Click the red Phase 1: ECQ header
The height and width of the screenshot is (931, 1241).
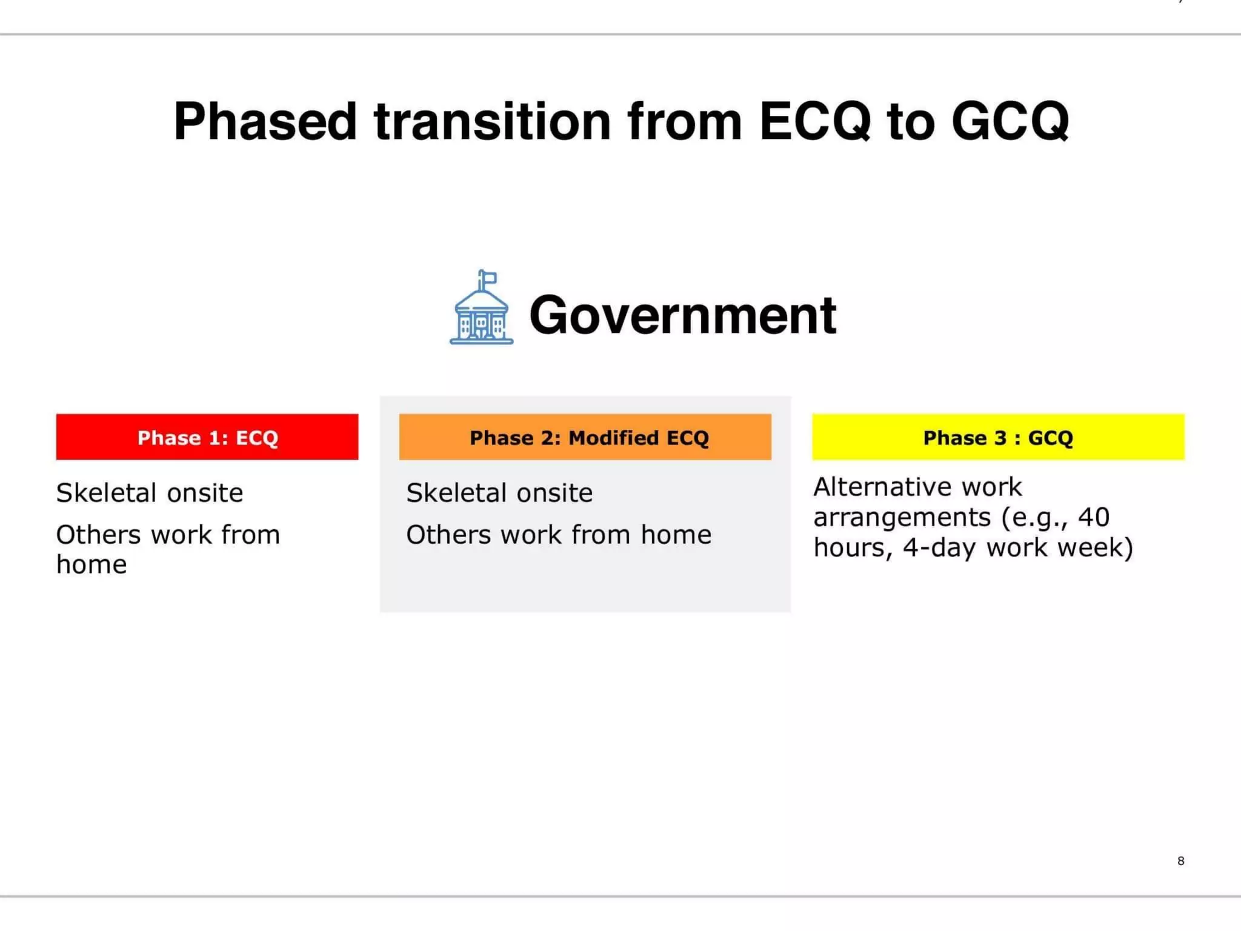click(207, 437)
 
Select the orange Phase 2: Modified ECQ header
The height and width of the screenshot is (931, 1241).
click(585, 437)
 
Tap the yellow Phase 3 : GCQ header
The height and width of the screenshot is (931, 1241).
click(998, 437)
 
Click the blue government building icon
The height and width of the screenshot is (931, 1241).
click(481, 315)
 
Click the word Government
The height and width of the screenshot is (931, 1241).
click(683, 315)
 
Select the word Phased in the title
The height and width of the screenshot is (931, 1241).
click(265, 121)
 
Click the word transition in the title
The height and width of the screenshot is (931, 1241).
click(492, 121)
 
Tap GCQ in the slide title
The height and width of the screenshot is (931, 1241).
click(1010, 121)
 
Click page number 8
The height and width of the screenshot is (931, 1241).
click(1180, 861)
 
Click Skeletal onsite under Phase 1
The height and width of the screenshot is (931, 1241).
click(150, 493)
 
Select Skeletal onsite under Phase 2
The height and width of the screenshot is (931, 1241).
click(499, 493)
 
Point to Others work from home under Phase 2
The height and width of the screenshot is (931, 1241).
click(559, 535)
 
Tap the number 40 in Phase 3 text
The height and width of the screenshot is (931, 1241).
click(1093, 517)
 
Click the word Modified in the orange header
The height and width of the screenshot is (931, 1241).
click(613, 437)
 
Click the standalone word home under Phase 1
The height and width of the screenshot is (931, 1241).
click(91, 565)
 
